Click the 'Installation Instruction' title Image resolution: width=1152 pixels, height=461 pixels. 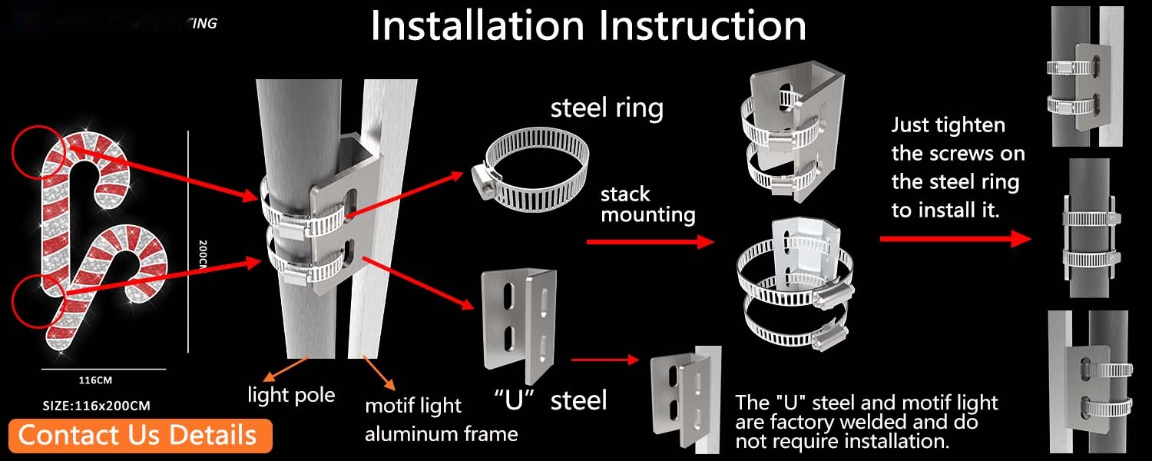point(588,25)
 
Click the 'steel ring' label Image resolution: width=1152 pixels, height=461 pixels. point(607,108)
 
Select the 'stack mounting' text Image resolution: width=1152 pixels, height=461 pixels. point(647,204)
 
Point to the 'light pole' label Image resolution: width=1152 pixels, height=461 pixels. point(291,395)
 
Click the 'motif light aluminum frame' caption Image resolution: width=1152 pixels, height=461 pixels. point(441,420)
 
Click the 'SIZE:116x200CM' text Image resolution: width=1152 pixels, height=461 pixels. point(96,405)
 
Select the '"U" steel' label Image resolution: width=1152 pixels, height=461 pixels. point(550,400)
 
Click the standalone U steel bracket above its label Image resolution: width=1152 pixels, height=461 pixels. point(519,327)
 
